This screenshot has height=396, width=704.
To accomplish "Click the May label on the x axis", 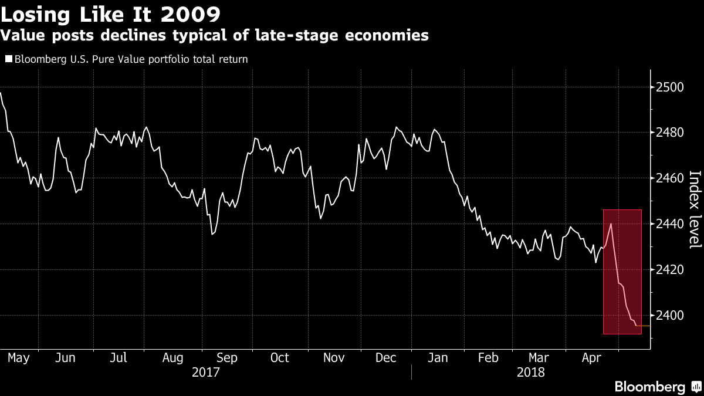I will (x=18, y=358).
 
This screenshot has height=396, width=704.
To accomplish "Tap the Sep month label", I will (x=227, y=358).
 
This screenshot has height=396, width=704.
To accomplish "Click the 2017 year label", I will (x=205, y=373).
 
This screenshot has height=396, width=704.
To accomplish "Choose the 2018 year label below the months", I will (x=530, y=373).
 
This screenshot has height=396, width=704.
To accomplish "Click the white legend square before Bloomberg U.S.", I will (x=8, y=59).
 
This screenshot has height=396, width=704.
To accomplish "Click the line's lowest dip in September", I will (x=212, y=234).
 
